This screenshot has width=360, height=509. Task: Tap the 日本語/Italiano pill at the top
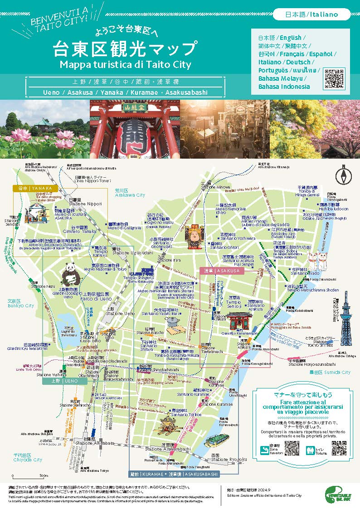pyautogui.click(x=311, y=15)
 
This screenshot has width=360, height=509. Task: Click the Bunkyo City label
pyautogui.click(x=21, y=305)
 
